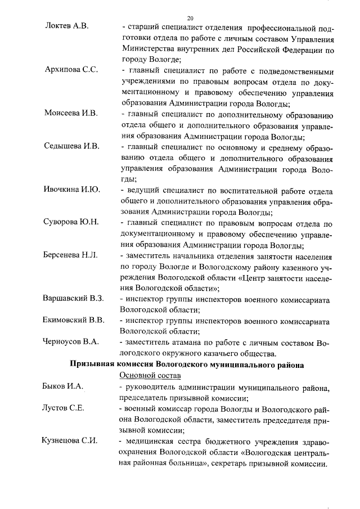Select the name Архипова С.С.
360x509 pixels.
(71, 70)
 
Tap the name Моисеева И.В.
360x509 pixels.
(71, 114)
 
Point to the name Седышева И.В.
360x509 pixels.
(71, 146)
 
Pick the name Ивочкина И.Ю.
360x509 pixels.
(71, 190)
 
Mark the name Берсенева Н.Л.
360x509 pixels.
(70, 255)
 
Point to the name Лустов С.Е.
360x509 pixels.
(63, 408)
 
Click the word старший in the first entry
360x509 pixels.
(143, 27)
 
